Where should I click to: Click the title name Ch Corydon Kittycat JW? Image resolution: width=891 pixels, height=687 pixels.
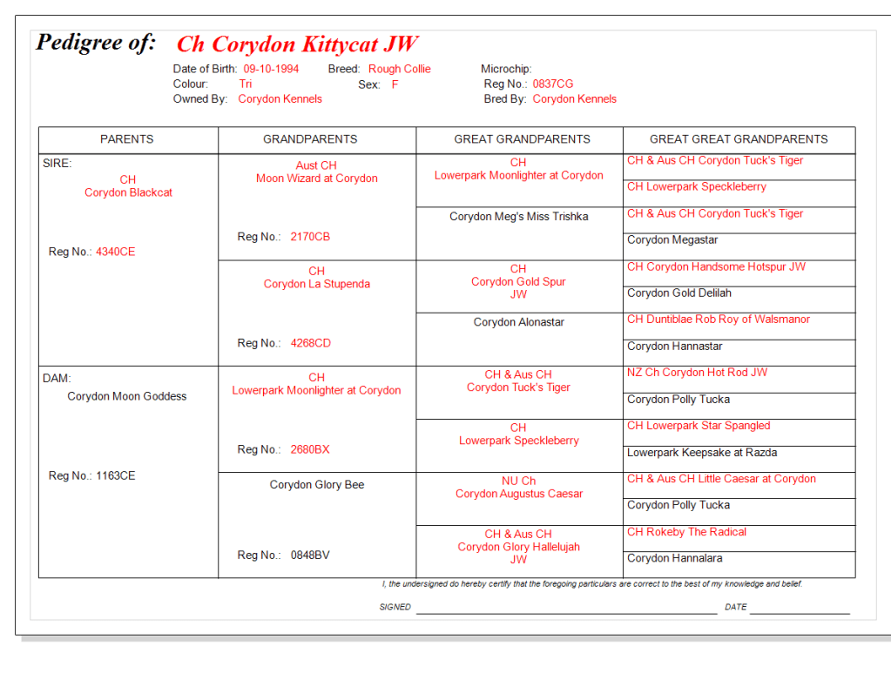[x=297, y=44]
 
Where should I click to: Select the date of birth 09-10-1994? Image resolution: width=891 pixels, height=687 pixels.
[x=271, y=69]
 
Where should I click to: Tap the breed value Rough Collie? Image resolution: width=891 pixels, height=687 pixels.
[x=399, y=69]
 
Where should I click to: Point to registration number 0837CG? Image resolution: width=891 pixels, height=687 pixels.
[x=553, y=84]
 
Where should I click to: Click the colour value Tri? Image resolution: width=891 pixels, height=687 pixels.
[x=246, y=84]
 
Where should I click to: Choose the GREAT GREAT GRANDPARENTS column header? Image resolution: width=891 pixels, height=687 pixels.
[x=739, y=139]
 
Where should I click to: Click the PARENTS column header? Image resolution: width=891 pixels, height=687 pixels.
[x=127, y=139]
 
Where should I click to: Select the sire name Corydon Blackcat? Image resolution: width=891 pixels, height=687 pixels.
[x=128, y=192]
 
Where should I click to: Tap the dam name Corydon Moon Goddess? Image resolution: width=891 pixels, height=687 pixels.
[x=127, y=396]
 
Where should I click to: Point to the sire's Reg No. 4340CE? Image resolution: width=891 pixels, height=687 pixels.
[x=115, y=252]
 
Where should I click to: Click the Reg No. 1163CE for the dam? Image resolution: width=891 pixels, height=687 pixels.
[x=115, y=475]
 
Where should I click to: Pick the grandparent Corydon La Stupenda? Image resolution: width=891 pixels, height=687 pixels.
[x=317, y=284]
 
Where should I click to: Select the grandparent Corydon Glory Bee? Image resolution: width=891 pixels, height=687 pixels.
[x=317, y=485]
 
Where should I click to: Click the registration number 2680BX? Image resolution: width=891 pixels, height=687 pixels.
[x=310, y=449]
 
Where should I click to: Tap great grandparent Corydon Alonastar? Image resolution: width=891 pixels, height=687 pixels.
[x=519, y=322]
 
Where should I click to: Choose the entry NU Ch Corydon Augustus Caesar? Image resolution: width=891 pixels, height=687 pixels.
[x=519, y=494]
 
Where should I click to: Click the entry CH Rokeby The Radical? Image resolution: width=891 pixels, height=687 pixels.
[x=686, y=532]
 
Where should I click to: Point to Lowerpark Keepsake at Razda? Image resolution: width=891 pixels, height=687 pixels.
[x=702, y=453]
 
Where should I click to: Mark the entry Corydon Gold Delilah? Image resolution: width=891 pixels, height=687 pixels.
[x=679, y=293]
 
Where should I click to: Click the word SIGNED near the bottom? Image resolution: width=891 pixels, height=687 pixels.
[x=395, y=607]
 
